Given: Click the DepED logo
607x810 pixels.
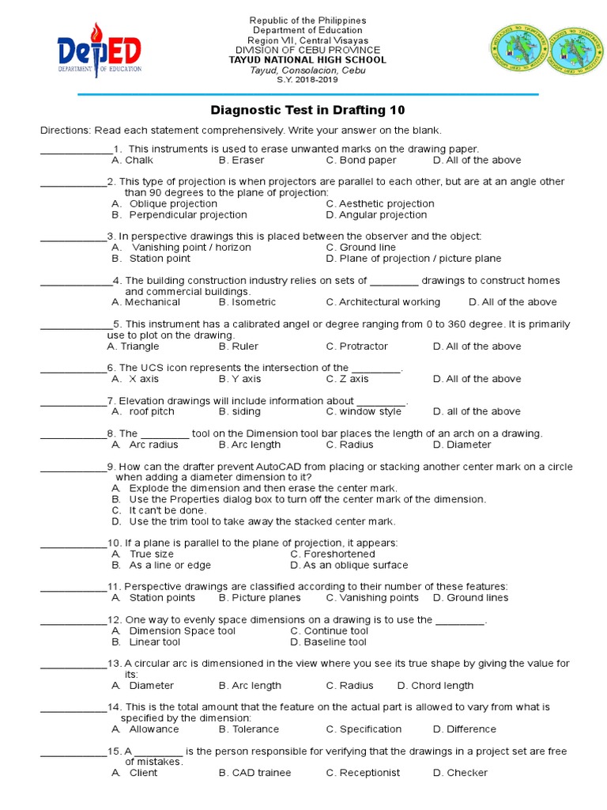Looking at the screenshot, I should tap(99, 51).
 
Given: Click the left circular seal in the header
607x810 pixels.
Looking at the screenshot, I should tap(518, 49).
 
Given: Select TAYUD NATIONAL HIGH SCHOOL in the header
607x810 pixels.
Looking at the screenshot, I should tap(307, 60).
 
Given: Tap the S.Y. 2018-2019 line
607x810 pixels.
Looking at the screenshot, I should tap(307, 81).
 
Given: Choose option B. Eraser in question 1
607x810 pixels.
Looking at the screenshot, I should tap(242, 160).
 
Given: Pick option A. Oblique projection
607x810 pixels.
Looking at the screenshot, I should tap(164, 203).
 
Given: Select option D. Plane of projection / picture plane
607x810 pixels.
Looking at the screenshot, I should tap(413, 258).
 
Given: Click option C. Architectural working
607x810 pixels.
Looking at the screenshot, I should tap(383, 301).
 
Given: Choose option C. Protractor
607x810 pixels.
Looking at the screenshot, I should tap(356, 346).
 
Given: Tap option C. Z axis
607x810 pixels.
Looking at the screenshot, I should tap(347, 379).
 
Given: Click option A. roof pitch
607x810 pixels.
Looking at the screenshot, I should tap(143, 411).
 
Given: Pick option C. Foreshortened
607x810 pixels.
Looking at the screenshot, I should tap(332, 554).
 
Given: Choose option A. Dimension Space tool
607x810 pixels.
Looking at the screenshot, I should tap(173, 630).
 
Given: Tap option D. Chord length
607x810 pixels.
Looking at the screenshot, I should tap(435, 685).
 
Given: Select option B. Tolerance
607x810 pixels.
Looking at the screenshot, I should tap(249, 729).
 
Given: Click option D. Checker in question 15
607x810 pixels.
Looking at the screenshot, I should tap(460, 773).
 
